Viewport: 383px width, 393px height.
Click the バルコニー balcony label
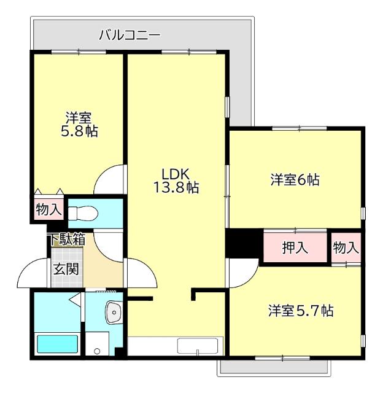[130, 36]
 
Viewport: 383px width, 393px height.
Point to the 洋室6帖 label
[295, 180]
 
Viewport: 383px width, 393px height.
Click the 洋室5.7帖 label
[300, 311]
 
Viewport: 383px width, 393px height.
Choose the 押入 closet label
[295, 248]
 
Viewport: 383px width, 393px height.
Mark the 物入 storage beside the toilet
[48, 209]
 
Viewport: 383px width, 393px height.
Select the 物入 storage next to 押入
[346, 247]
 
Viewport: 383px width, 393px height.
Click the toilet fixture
[82, 213]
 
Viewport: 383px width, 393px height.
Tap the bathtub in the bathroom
[58, 344]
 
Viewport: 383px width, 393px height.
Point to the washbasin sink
[114, 313]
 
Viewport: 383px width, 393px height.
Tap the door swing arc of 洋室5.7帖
[242, 270]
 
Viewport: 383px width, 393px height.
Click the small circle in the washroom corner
[96, 352]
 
